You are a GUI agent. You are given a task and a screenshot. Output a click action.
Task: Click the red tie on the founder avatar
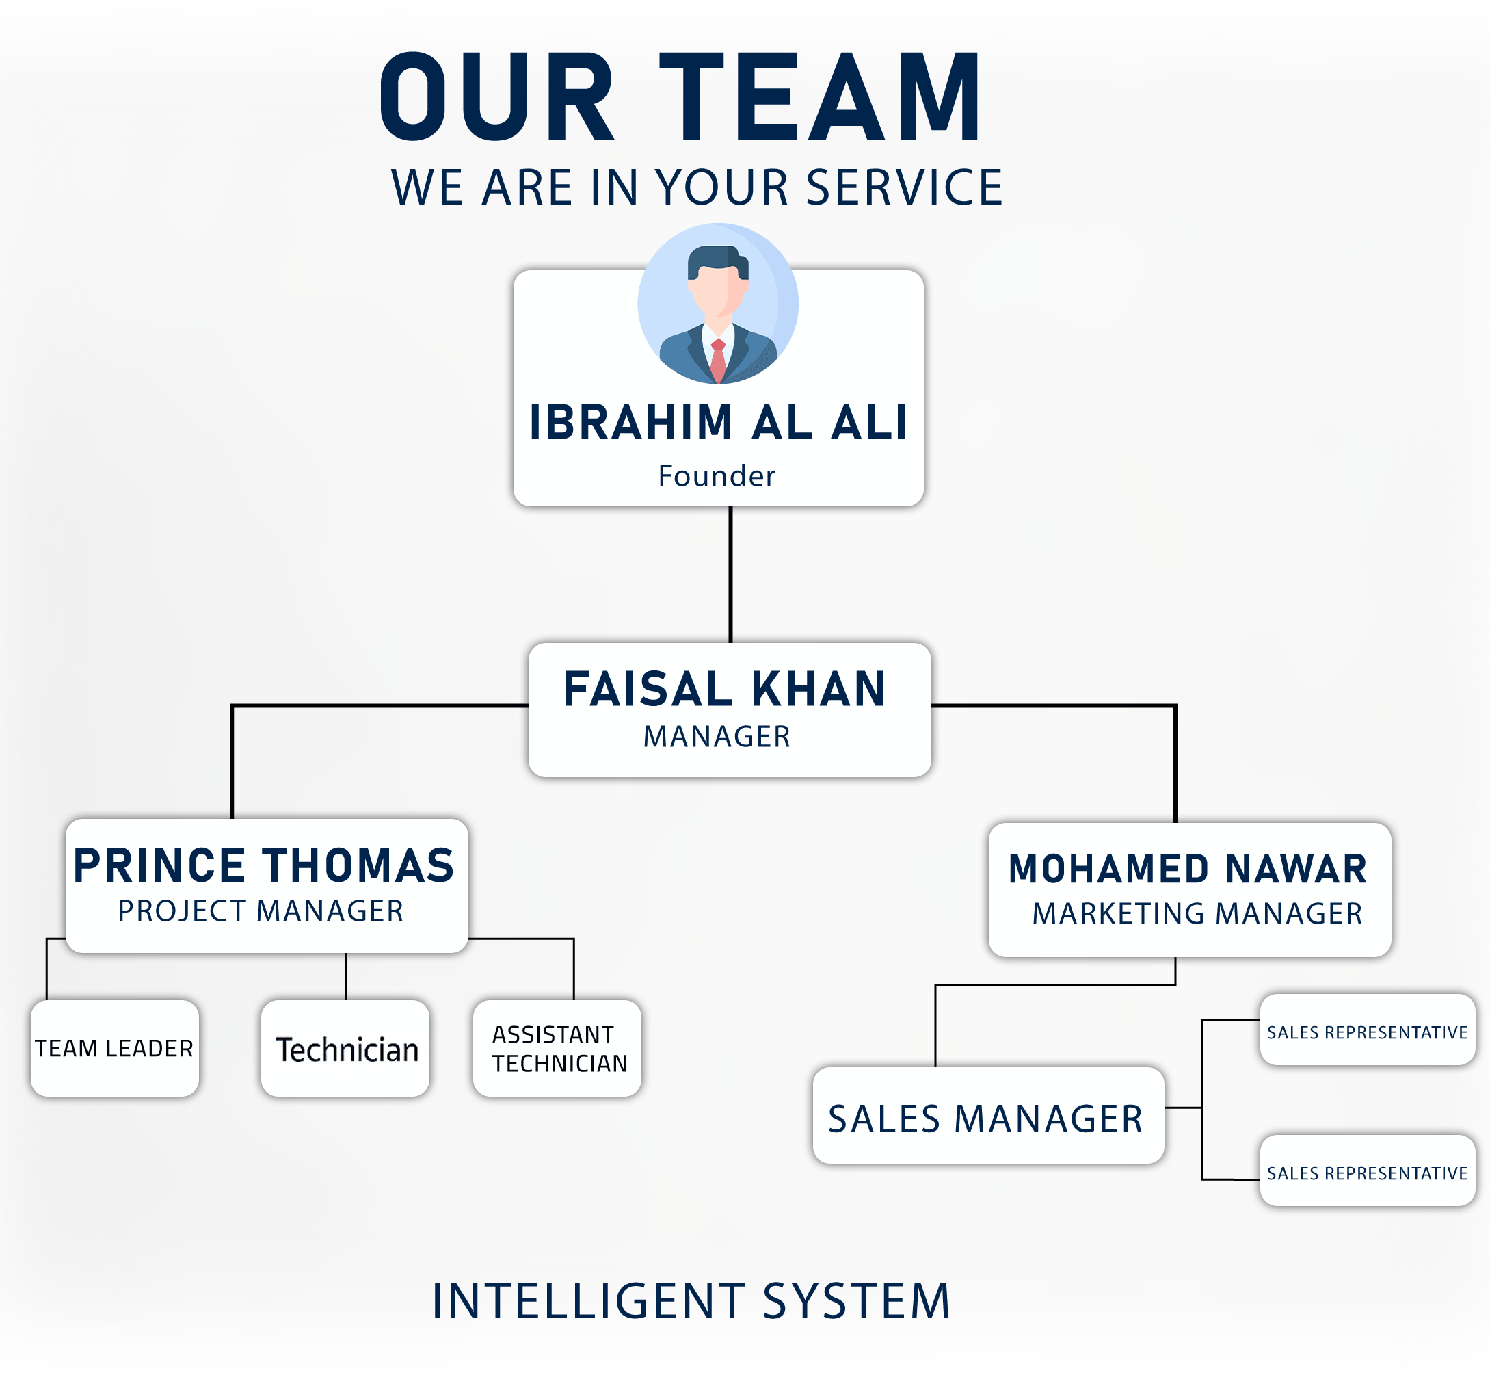tap(718, 360)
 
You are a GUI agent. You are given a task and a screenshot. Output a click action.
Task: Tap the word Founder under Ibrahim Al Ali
tap(717, 476)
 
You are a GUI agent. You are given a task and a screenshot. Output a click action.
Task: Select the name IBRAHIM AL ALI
tap(718, 423)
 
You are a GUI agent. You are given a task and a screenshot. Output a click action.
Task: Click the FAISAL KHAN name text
tap(725, 689)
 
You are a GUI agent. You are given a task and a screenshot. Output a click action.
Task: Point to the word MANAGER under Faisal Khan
tap(717, 737)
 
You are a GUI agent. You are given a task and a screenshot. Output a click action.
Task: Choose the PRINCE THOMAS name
tap(264, 865)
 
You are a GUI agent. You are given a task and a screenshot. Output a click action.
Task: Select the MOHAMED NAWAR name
tap(1188, 869)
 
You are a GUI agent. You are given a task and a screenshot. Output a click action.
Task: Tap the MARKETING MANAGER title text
tap(1197, 914)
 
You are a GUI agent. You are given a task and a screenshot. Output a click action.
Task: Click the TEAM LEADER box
tap(114, 1048)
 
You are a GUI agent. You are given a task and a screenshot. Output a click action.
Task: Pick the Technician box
tap(346, 1048)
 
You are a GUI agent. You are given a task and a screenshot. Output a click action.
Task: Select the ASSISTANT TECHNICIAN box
tap(557, 1048)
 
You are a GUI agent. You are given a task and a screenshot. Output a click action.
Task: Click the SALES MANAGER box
tap(988, 1115)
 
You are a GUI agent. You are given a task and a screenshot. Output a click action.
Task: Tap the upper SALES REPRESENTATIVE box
tap(1368, 1030)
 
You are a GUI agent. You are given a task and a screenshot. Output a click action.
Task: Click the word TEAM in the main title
tap(821, 96)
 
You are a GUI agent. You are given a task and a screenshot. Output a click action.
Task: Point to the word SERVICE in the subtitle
tap(904, 187)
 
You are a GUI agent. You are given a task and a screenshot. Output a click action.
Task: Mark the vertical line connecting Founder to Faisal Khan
tap(731, 573)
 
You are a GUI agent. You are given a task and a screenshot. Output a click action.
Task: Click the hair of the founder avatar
tap(715, 259)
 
